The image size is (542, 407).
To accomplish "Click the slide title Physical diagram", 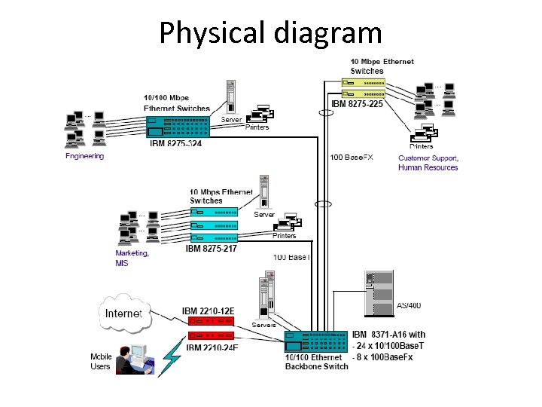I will [270, 32].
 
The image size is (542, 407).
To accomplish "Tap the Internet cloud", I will [123, 312].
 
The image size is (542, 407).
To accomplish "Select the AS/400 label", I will [409, 305].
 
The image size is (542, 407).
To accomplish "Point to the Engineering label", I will [85, 157].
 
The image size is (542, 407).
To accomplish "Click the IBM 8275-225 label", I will [357, 103].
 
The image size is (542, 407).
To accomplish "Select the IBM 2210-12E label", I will [209, 311].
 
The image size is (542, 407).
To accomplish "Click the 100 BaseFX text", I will [352, 158].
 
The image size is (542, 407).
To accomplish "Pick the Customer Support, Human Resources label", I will [428, 163].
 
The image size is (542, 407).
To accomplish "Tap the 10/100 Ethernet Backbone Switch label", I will [316, 362].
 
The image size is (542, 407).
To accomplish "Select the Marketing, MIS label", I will [132, 259].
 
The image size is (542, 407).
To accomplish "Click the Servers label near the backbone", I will [263, 325].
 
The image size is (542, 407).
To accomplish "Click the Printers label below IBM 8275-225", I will [422, 146].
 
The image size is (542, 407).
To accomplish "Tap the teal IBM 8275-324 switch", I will [178, 125].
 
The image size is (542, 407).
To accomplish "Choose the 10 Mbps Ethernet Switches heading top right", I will [382, 66].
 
